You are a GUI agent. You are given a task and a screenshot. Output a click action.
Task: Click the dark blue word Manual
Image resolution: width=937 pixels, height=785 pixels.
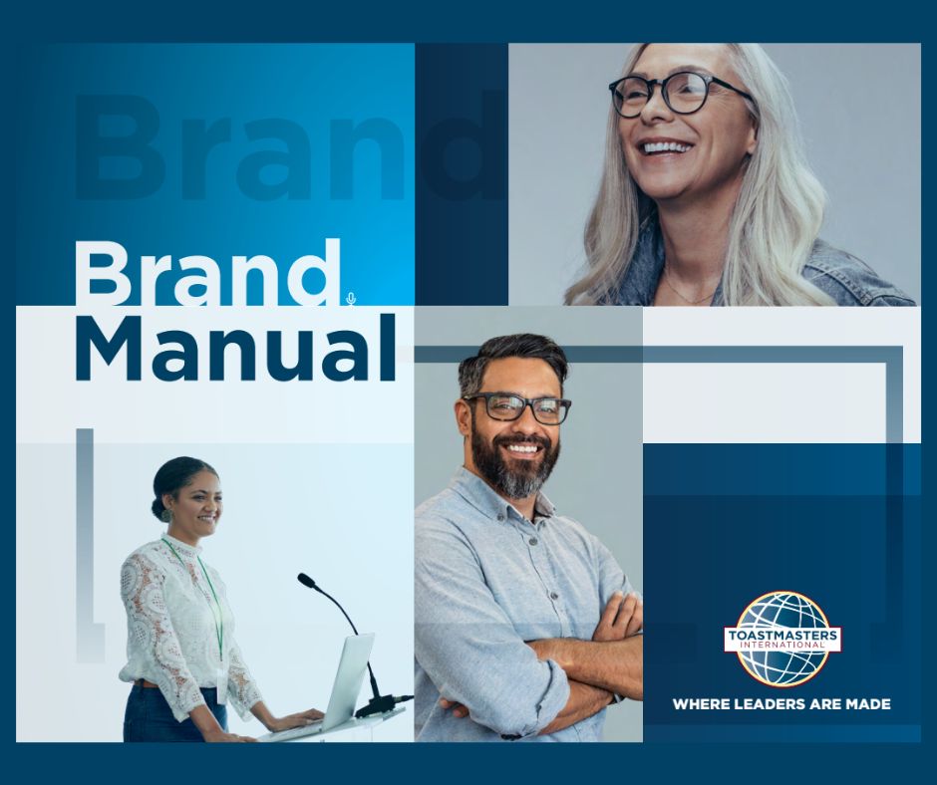[x=235, y=347]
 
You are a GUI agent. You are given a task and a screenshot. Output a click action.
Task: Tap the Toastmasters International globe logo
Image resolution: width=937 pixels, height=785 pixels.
[x=782, y=639]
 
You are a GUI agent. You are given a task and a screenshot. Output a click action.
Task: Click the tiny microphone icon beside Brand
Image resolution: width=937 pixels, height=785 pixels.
[x=351, y=298]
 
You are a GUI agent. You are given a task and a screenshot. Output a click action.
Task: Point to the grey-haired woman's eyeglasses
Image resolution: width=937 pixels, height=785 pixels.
[x=680, y=93]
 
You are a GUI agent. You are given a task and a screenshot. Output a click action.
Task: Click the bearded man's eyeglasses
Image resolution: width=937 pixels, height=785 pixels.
[x=518, y=408]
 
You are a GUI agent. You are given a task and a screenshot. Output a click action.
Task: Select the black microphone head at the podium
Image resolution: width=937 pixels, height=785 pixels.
[x=307, y=580]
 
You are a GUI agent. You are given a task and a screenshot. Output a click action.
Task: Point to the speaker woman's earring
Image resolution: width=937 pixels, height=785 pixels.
[x=164, y=514]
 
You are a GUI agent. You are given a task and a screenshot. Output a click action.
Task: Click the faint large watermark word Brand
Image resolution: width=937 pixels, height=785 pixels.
[x=291, y=145]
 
